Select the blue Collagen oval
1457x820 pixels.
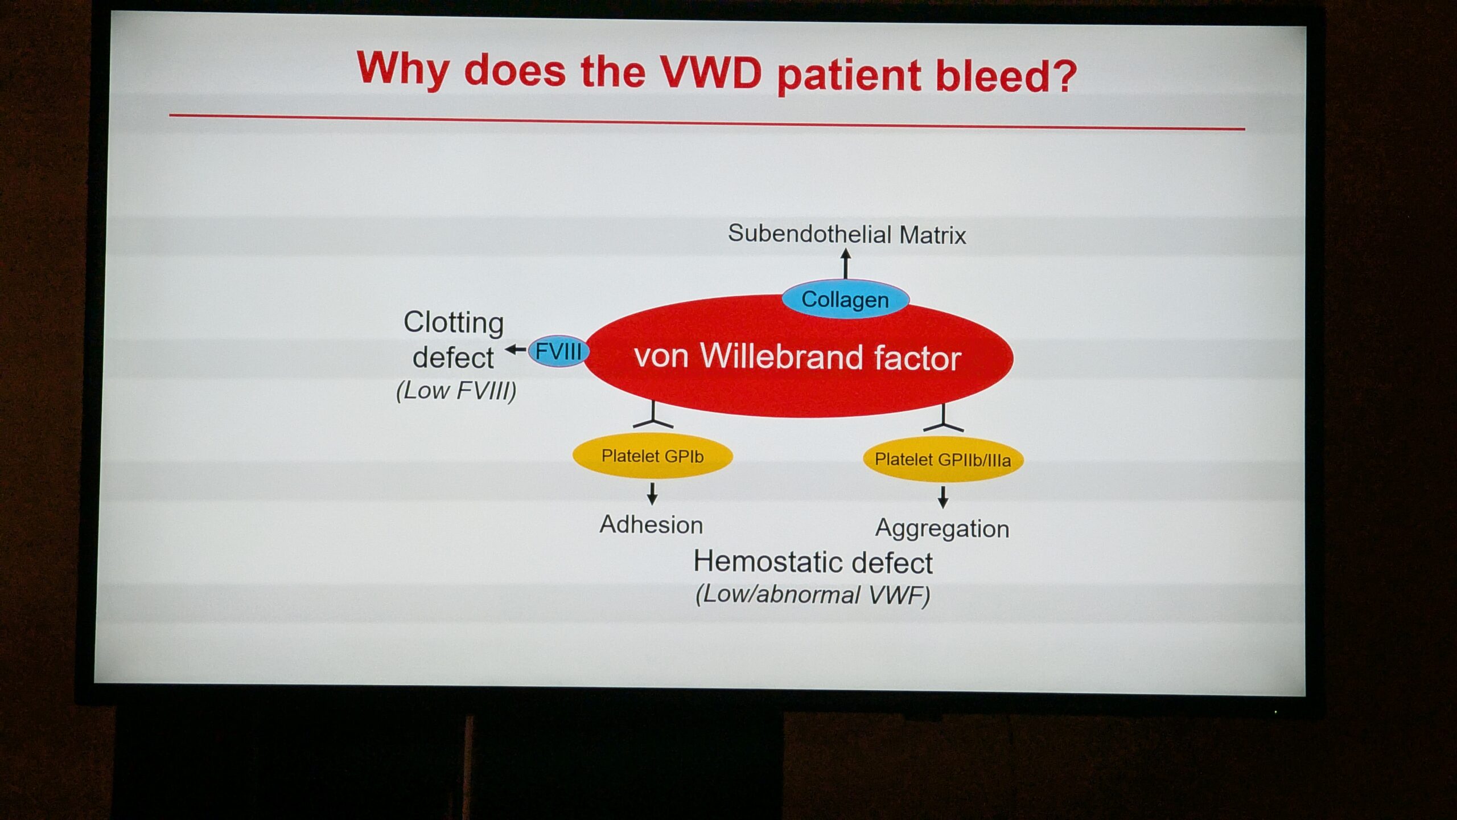[845, 299]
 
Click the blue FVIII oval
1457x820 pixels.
[558, 351]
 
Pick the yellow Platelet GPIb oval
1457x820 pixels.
[652, 457]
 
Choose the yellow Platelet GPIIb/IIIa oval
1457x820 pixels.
[943, 460]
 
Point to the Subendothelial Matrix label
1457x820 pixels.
[847, 234]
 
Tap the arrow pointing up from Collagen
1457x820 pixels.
[846, 264]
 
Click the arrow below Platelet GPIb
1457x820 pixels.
[653, 494]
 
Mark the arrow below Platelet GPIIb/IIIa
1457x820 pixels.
[943, 497]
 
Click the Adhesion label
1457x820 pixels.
[651, 524]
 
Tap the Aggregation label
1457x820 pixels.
[942, 528]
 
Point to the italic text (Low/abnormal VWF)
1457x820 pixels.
[813, 594]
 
